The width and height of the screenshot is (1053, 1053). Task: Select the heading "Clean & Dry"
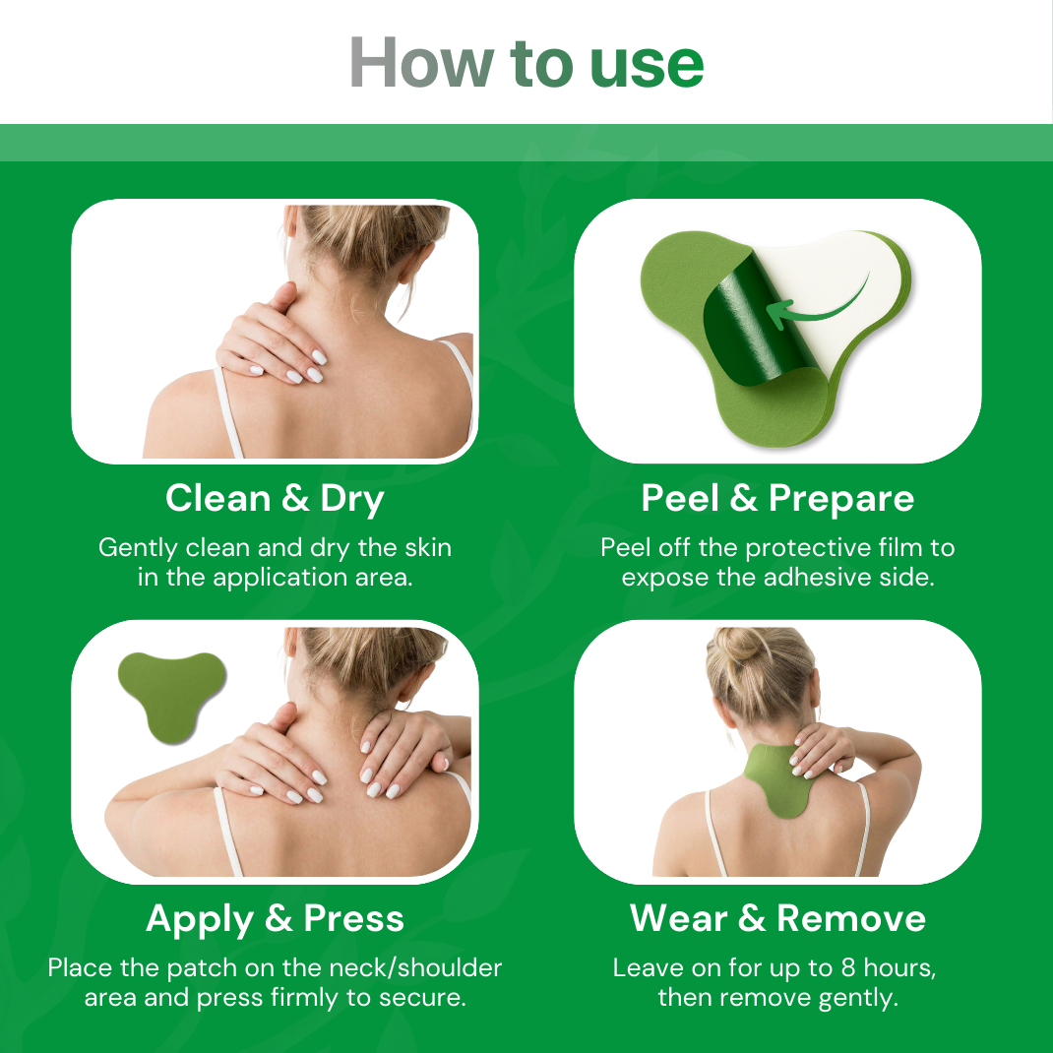275,499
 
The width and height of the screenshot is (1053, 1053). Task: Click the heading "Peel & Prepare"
777,499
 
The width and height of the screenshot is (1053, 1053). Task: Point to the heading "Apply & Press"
275,919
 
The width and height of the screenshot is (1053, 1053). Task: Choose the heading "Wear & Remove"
777,919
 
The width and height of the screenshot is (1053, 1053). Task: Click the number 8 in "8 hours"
848,967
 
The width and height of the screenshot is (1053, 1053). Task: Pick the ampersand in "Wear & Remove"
752,919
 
